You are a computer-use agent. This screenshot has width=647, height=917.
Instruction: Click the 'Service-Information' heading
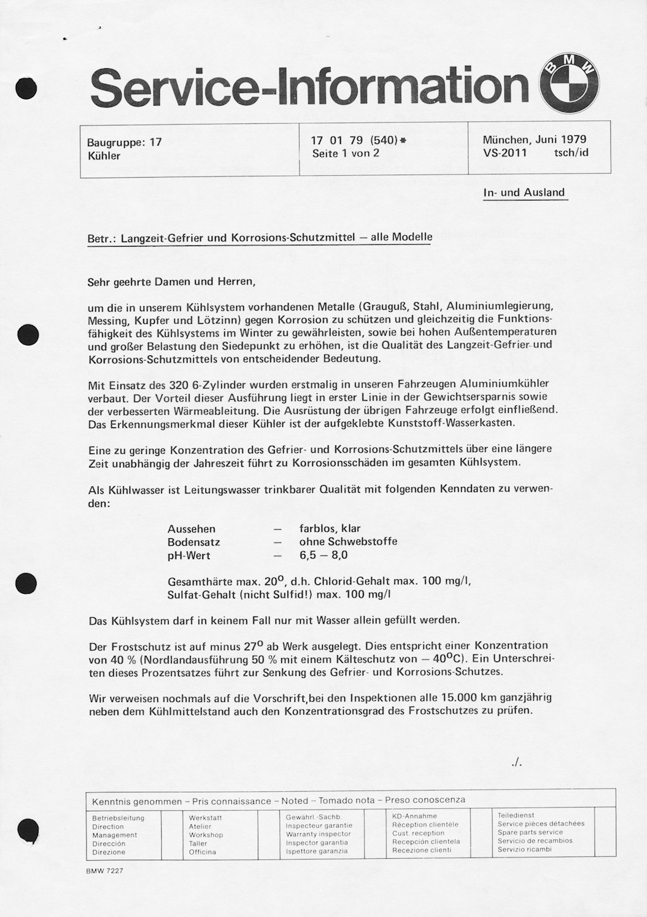pos(310,87)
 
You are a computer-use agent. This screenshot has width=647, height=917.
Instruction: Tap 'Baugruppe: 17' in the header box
pos(124,142)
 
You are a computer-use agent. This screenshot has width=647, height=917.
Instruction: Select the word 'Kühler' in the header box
pos(104,156)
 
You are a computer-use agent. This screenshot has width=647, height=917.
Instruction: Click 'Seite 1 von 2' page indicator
pos(345,153)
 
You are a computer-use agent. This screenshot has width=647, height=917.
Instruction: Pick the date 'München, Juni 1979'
pos(534,140)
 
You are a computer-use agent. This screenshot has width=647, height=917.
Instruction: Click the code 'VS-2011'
pos(505,152)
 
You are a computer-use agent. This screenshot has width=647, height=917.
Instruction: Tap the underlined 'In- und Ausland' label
pos(524,192)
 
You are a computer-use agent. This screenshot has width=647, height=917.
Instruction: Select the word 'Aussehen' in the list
pos(191,529)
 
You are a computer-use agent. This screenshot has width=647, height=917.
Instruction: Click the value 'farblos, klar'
pos(330,529)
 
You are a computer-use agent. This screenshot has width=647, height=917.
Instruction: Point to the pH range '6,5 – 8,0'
pos(323,555)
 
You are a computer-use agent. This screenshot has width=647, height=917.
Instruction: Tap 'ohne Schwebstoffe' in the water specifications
pos(348,542)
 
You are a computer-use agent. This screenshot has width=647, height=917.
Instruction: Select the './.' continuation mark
pos(517,762)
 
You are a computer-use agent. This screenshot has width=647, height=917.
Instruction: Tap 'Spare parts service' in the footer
pos(529,832)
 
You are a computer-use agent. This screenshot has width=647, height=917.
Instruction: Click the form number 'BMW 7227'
pos(105,871)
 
